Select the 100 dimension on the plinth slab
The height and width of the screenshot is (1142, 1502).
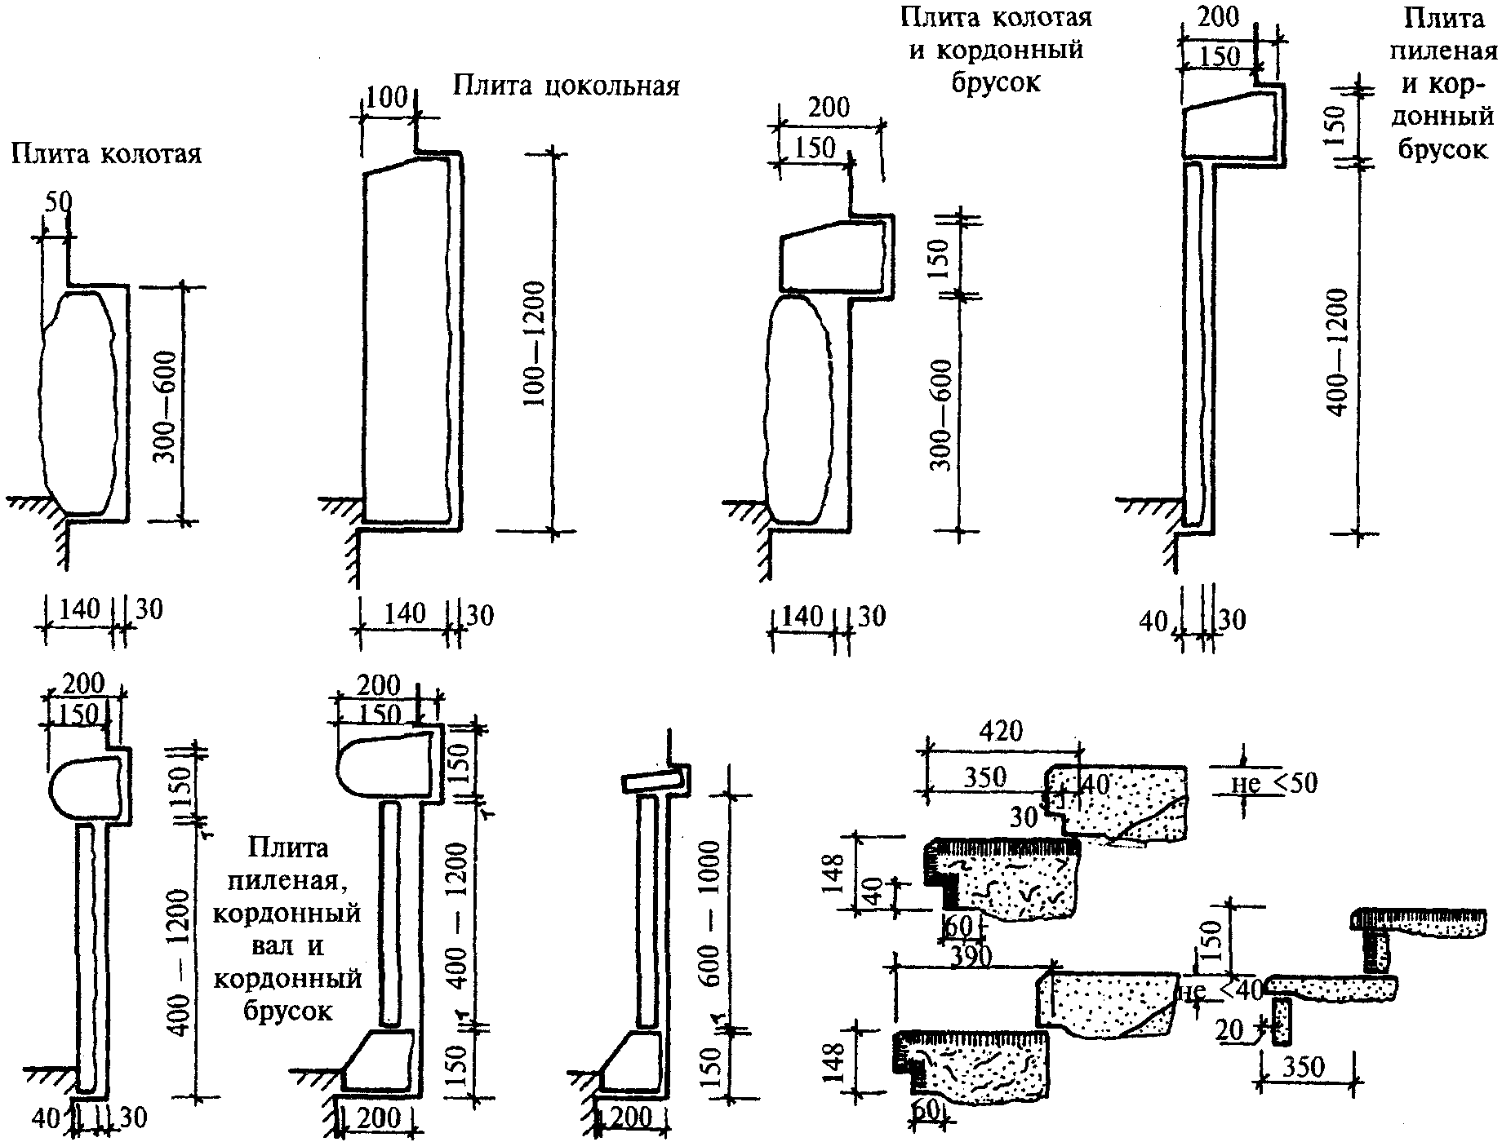387,99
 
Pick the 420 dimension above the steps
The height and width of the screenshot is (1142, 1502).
1001,731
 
